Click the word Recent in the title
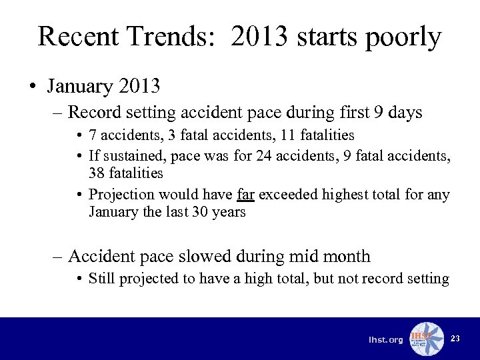[77, 37]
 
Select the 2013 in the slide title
[260, 37]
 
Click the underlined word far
[245, 195]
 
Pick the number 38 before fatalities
[97, 173]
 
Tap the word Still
[101, 278]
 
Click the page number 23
[455, 339]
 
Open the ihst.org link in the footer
[386, 340]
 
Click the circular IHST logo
[426, 339]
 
